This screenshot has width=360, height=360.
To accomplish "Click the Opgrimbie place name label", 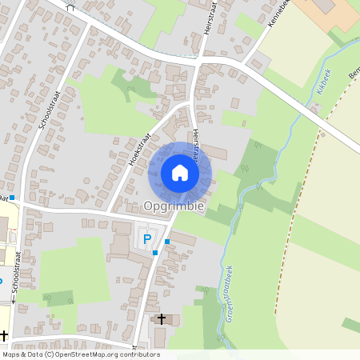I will (x=174, y=206).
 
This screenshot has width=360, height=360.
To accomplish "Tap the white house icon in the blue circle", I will (x=180, y=173).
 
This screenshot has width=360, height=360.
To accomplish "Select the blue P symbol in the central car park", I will (x=146, y=238).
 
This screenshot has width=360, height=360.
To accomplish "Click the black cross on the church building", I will (x=161, y=318).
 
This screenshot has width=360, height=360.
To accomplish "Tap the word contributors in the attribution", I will (x=137, y=354).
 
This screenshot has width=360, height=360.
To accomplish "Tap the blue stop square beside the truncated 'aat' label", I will (x=12, y=197).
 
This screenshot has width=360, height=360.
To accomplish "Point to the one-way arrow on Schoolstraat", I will (x=14, y=302).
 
